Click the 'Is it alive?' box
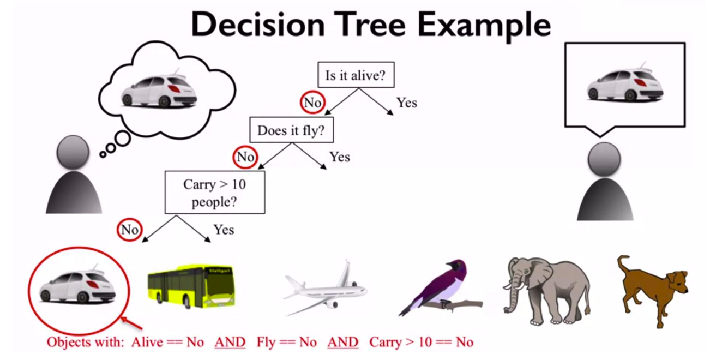click(356, 75)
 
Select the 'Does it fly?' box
click(292, 130)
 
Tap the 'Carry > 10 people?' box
click(215, 193)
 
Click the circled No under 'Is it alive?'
click(312, 103)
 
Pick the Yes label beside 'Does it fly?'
click(340, 157)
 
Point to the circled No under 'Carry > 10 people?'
click(130, 230)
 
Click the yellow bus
click(191, 286)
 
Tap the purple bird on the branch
click(441, 287)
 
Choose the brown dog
click(653, 291)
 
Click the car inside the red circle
click(77, 287)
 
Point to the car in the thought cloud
click(159, 91)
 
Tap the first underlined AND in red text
click(230, 342)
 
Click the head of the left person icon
click(73, 152)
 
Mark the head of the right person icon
click(604, 159)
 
